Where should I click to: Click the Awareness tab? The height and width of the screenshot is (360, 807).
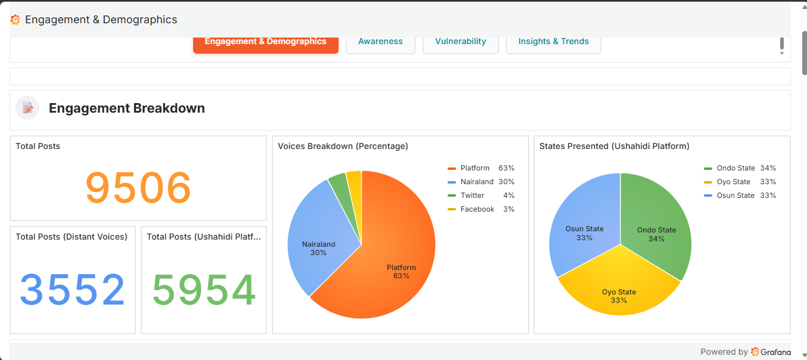point(380,42)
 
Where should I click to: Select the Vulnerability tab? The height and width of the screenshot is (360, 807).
point(460,42)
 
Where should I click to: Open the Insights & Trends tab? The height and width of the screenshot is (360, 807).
point(553,42)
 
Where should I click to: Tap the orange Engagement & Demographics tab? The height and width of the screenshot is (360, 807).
point(265,42)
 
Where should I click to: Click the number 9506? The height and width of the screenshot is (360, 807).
point(138,188)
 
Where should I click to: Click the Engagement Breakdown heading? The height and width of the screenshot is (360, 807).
point(127,108)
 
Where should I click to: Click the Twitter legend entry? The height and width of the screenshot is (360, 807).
point(472,195)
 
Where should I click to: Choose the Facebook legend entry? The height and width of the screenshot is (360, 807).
point(477,209)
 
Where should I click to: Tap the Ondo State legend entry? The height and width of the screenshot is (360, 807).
point(735,168)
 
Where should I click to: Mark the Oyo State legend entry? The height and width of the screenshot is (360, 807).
point(733,182)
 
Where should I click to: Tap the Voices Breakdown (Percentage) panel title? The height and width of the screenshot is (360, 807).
point(343,146)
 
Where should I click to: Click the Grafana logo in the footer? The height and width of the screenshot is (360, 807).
point(771,352)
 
